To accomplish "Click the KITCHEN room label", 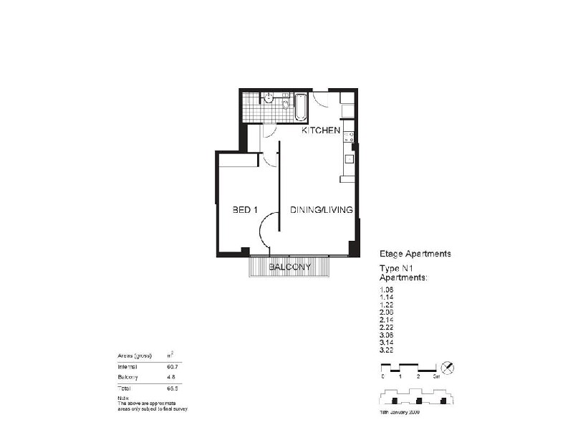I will (320, 131).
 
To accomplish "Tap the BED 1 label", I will (245, 210).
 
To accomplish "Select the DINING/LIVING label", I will (321, 210).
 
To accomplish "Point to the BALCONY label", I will (290, 267).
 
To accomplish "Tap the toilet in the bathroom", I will (269, 98).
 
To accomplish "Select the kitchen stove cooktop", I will (349, 135).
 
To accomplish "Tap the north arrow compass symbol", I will (448, 367).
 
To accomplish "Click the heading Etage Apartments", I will (415, 254).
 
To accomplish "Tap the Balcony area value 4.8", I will (171, 377).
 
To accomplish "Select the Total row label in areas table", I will (125, 388).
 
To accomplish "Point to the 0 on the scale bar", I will (382, 376).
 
